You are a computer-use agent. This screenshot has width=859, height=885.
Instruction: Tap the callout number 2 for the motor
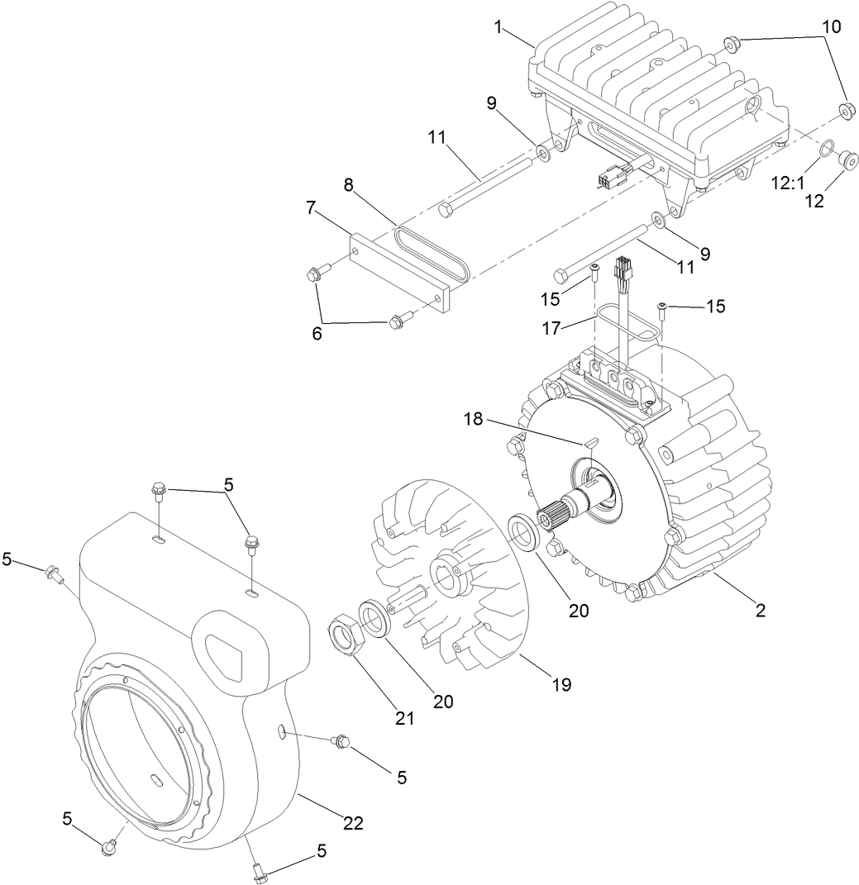click(760, 611)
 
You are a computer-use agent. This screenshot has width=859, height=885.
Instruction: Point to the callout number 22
click(352, 823)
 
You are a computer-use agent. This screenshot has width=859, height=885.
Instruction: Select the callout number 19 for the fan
click(563, 684)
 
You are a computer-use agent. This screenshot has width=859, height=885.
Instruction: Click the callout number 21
click(403, 718)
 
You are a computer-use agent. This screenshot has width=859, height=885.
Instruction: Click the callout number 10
click(831, 26)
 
